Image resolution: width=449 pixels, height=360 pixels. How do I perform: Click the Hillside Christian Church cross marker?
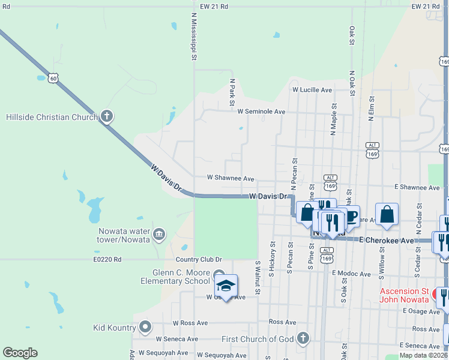click(107, 116)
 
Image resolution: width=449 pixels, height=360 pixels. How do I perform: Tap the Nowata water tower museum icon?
click(158, 234)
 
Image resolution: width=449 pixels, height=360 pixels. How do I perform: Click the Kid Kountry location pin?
click(145, 327)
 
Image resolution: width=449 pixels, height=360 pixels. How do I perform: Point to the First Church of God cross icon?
click(303, 338)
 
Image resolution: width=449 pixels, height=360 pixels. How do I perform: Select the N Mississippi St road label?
click(194, 37)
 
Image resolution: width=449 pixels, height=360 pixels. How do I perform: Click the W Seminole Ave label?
click(261, 112)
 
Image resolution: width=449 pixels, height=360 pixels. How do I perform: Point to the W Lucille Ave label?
click(312, 90)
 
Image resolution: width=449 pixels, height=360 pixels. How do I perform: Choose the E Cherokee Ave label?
click(387, 240)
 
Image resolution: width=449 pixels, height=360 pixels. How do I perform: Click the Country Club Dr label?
click(199, 260)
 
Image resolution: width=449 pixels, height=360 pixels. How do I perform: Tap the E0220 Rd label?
click(107, 260)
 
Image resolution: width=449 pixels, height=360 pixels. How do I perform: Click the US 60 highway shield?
click(54, 77)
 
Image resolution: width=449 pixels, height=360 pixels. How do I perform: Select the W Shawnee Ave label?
click(231, 178)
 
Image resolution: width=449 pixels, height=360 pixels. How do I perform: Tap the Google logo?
click(20, 352)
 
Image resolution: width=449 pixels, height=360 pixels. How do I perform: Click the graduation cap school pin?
click(226, 286)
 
